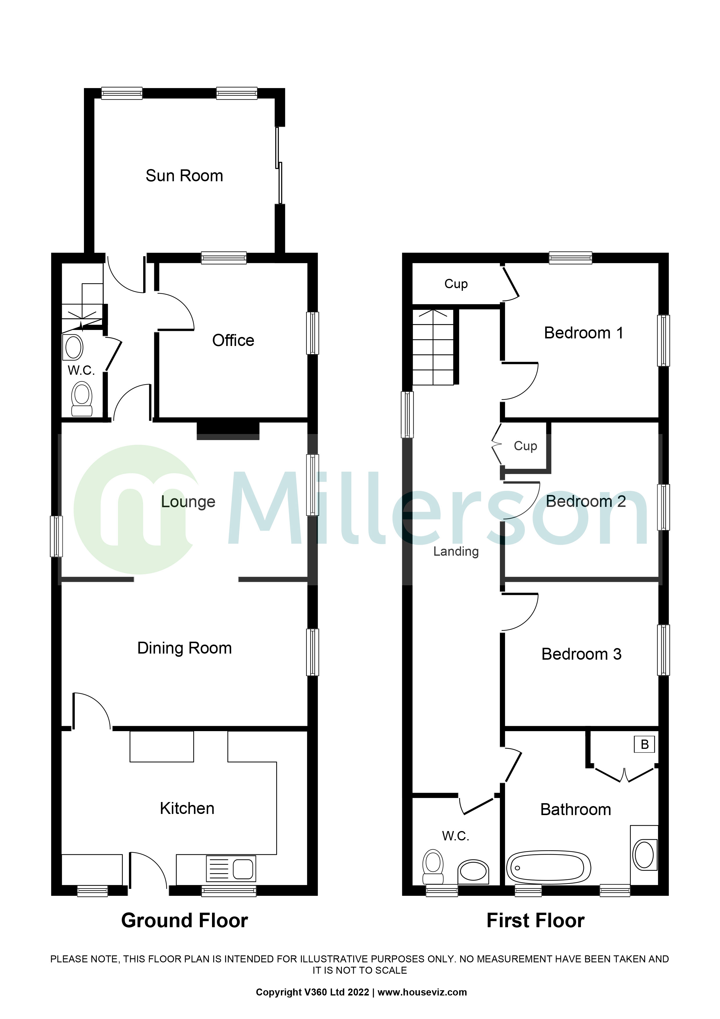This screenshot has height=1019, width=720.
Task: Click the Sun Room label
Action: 184,176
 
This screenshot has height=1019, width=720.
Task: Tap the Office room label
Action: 233,340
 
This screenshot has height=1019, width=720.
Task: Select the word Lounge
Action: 188,501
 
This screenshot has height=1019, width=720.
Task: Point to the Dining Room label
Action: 184,648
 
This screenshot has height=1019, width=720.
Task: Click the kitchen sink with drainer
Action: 231,868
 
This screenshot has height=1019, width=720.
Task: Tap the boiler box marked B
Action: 644,744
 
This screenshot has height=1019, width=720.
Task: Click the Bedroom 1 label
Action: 583,333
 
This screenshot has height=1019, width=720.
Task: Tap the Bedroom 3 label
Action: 581,654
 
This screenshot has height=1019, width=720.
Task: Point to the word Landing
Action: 456,552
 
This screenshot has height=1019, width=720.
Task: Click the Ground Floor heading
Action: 184,921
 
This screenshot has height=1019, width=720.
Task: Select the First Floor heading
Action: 536,921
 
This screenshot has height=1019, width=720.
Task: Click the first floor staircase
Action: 433,347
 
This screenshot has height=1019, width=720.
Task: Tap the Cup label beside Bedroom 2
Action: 525,446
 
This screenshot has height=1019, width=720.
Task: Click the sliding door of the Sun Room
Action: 279,166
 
